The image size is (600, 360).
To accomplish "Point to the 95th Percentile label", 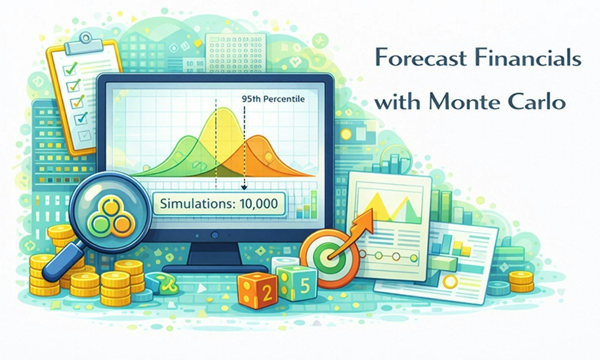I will tap(273, 99).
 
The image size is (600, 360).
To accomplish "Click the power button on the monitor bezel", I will tap(215, 234).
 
